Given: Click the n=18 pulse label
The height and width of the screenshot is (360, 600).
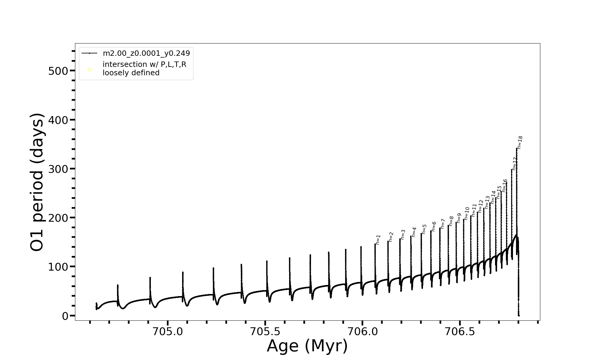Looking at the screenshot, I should [520, 142].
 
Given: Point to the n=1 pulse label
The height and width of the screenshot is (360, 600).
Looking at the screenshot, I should [378, 239].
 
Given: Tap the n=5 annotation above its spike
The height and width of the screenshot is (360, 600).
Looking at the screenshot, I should [424, 229].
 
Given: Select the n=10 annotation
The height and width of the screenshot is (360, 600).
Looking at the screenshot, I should [467, 213].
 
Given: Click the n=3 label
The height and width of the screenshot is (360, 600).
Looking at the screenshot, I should [403, 235].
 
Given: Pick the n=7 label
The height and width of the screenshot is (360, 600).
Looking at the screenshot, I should [443, 224].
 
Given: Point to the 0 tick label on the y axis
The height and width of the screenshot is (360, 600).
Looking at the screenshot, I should [65, 316].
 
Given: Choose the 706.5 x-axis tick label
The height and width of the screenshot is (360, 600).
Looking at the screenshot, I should [460, 331].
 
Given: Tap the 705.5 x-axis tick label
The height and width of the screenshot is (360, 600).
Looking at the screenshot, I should [265, 331].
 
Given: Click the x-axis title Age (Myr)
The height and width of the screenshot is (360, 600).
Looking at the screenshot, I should [307, 346].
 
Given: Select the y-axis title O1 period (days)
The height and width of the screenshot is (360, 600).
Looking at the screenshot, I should [37, 182].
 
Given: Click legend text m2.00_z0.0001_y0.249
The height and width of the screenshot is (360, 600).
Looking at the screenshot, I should [146, 53].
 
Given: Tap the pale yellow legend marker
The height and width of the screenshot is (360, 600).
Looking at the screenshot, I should [89, 70].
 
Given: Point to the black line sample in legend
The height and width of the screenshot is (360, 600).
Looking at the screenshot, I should [89, 53].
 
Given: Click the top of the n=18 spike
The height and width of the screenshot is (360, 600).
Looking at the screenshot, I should [517, 148].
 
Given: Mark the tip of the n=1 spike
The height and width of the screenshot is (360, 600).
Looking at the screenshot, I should [375, 244].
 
